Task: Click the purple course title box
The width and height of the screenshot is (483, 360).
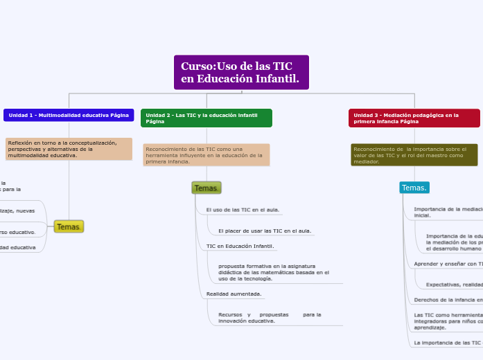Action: (x=241, y=73)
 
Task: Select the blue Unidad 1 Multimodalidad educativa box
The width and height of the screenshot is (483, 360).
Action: (x=69, y=115)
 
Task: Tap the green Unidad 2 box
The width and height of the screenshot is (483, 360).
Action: (x=207, y=118)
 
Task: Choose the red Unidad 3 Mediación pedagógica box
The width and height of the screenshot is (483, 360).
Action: (x=414, y=118)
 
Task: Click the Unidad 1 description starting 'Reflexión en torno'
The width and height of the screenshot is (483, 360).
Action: (x=69, y=149)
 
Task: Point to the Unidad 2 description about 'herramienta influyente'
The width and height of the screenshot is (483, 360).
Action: (x=207, y=155)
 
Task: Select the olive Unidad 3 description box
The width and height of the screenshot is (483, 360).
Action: (x=414, y=155)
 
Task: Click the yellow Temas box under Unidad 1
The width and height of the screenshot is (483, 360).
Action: (x=69, y=226)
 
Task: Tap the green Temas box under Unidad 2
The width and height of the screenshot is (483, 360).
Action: (x=207, y=188)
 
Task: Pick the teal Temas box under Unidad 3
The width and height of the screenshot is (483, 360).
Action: (x=414, y=188)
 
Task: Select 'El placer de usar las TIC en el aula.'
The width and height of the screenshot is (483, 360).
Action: (x=264, y=231)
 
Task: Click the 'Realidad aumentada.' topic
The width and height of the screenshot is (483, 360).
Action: (x=234, y=294)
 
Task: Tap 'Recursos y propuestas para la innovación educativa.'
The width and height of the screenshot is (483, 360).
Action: (x=270, y=317)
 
